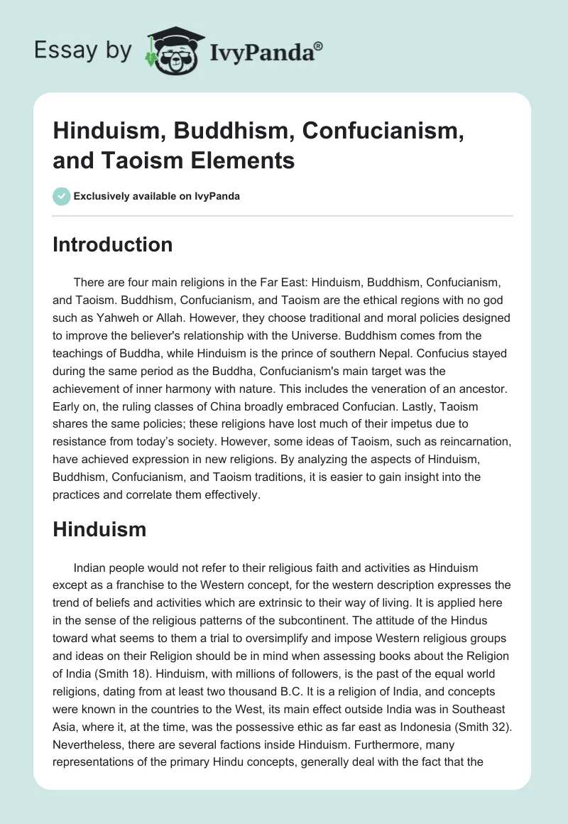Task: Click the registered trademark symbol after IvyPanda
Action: coord(319,46)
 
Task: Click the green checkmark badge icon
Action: coord(62,196)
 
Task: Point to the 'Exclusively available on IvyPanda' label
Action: coord(157,196)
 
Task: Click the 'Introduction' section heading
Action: coord(112,244)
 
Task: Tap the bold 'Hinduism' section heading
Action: coord(99,528)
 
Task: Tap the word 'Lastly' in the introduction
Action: coord(425,408)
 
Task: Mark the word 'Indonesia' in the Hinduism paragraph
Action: coord(415,724)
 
